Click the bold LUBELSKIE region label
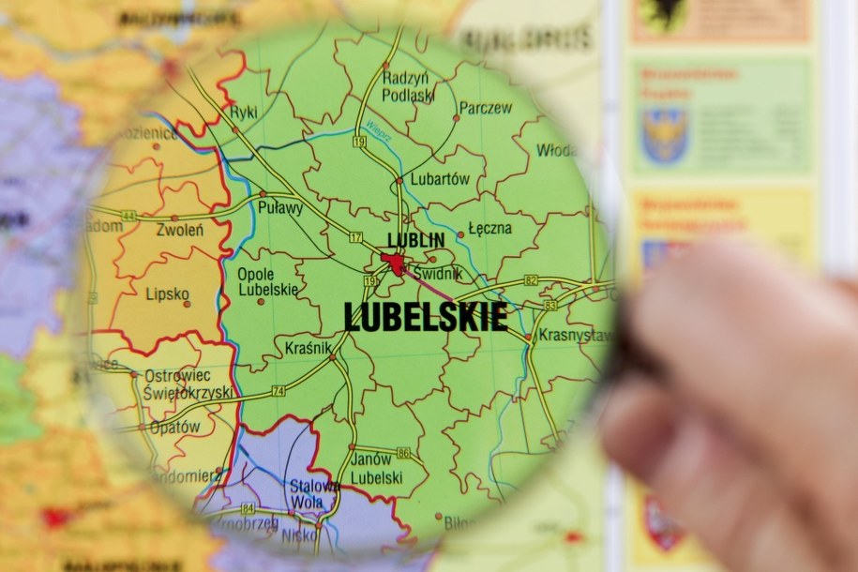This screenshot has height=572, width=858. click(426, 318)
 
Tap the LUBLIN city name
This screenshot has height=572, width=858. click(416, 241)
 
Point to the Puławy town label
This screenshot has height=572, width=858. click(280, 208)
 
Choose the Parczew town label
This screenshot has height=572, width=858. click(486, 108)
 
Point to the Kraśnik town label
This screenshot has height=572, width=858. click(309, 349)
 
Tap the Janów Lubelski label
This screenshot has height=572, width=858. click(376, 469)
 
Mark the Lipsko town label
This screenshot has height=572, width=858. click(167, 294)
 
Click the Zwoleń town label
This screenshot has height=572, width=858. click(180, 230)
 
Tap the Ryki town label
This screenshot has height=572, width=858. click(243, 112)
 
